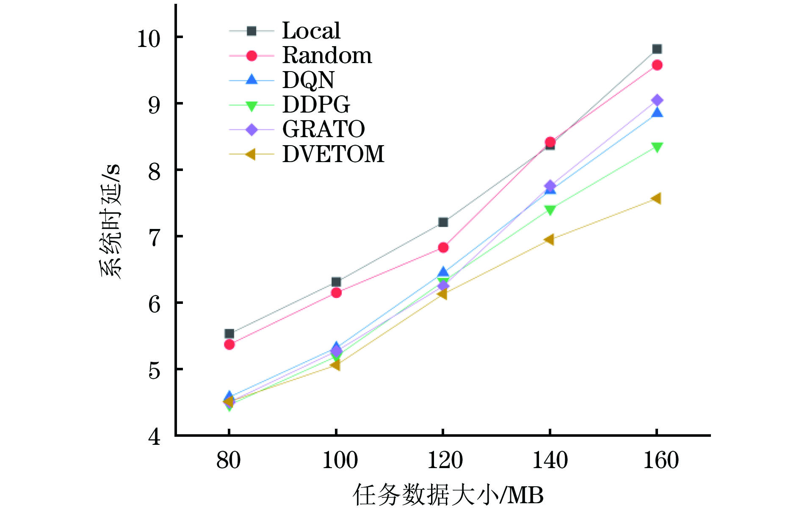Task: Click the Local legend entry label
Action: point(311,31)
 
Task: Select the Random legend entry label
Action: point(327,55)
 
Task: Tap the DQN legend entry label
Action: point(308,80)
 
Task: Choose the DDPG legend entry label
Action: point(316,105)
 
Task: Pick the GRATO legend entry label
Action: point(323,129)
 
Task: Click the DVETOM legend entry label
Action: point(333,154)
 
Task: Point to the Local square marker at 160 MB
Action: point(657,49)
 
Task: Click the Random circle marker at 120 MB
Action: point(443,247)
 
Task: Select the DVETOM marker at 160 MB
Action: point(656,198)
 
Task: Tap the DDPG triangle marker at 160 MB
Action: point(657,147)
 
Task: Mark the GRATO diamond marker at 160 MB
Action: point(657,100)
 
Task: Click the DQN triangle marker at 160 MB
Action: point(657,112)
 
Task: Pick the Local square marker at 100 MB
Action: point(336,282)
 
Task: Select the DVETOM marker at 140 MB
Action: point(549,240)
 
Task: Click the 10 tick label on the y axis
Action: point(149,39)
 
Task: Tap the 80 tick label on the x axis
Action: point(229,460)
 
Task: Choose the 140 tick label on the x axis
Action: point(550,460)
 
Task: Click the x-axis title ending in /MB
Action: point(448,494)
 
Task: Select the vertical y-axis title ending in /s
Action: point(111,220)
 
